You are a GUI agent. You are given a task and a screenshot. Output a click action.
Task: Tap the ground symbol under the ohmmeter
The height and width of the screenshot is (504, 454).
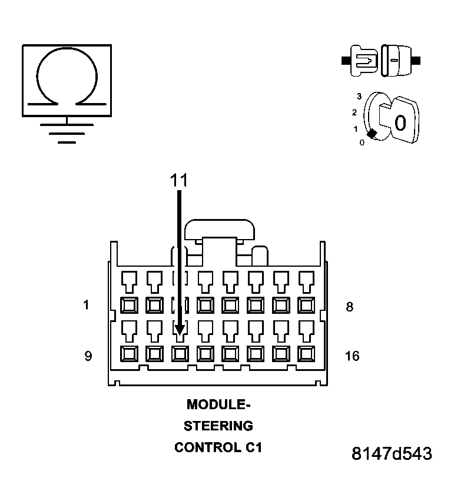click(67, 133)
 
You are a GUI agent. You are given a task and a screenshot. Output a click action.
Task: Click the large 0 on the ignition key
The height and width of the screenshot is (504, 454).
click(400, 123)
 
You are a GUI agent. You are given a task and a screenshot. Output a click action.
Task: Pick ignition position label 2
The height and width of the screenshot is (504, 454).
click(354, 112)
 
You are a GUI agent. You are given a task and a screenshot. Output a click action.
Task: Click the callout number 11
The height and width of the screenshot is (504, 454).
click(179, 181)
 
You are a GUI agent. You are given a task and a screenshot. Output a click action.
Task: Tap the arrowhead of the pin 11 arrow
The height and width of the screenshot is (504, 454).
click(180, 330)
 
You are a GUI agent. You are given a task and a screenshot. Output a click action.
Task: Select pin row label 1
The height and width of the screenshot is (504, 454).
click(87, 306)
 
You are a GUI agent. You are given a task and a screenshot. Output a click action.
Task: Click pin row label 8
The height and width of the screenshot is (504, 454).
click(349, 307)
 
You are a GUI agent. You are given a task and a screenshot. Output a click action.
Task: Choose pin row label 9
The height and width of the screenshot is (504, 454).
click(88, 356)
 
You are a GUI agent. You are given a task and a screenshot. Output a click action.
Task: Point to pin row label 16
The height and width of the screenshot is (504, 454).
click(352, 356)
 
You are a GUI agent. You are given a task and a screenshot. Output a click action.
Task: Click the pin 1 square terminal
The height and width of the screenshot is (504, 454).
click(128, 305)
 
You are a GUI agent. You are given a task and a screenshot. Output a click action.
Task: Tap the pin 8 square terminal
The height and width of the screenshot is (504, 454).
click(306, 305)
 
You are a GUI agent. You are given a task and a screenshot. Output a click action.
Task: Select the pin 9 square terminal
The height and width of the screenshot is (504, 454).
click(128, 354)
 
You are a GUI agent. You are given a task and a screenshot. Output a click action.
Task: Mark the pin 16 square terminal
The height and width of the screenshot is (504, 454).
click(306, 354)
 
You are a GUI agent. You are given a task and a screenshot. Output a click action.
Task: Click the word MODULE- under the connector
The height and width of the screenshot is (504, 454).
click(218, 404)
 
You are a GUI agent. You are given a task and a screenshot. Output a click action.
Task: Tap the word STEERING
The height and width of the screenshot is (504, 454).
click(218, 426)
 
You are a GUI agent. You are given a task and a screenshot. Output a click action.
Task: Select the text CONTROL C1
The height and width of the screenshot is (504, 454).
click(218, 447)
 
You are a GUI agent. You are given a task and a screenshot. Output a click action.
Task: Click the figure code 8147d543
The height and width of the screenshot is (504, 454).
click(391, 454)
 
